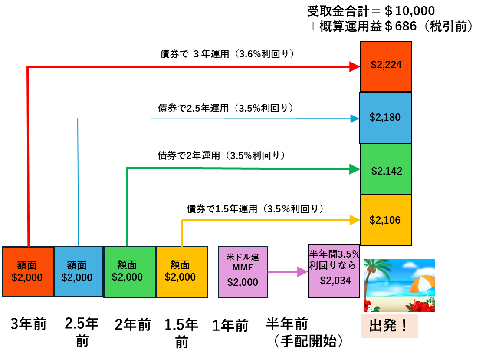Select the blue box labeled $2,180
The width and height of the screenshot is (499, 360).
(x=385, y=118)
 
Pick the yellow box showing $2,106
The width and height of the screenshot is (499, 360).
(x=385, y=220)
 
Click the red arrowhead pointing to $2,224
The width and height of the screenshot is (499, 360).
(x=355, y=66)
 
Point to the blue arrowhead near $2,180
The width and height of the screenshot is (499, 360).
(x=355, y=119)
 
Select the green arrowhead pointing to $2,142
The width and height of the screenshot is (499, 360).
(x=355, y=169)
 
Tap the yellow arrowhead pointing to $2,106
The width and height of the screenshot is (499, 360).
(x=355, y=220)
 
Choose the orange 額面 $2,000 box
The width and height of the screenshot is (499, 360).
(x=28, y=272)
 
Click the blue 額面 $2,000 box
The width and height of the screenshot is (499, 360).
(x=78, y=272)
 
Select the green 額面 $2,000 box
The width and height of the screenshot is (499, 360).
(x=129, y=272)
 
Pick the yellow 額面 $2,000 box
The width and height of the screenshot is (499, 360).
(x=181, y=272)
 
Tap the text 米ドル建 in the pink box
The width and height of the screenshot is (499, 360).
(x=243, y=257)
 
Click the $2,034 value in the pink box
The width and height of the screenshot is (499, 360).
(x=335, y=281)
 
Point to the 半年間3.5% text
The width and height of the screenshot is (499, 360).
(x=334, y=254)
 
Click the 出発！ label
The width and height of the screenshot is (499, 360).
(x=389, y=326)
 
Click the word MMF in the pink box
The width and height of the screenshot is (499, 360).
(x=243, y=267)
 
